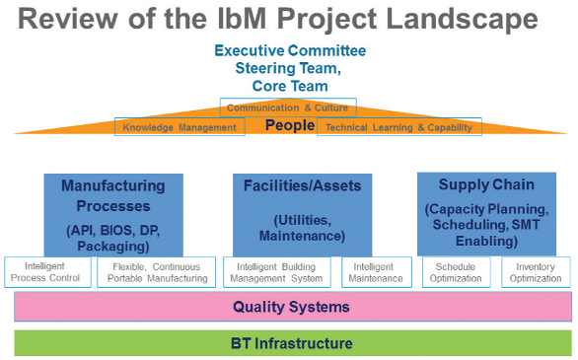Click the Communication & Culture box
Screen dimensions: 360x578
point(288,108)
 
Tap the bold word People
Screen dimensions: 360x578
point(289,126)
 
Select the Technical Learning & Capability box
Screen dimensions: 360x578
point(399,127)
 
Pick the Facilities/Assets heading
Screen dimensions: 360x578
point(302,185)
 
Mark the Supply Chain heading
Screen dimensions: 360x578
point(485,184)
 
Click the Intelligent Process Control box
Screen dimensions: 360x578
point(48,272)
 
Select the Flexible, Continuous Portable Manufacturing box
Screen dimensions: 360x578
point(160,272)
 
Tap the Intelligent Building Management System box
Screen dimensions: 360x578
point(279,272)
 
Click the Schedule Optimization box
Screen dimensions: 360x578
point(457,272)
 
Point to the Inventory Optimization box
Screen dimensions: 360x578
point(536,272)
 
